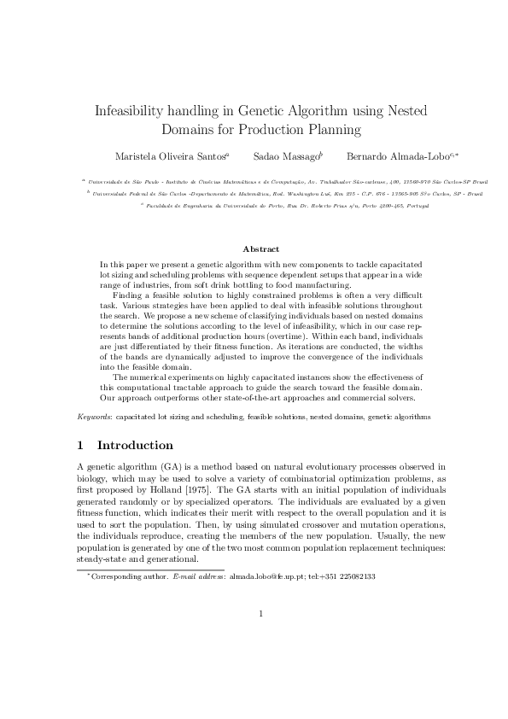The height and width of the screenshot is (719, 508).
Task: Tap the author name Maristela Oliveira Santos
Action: [170, 156]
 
